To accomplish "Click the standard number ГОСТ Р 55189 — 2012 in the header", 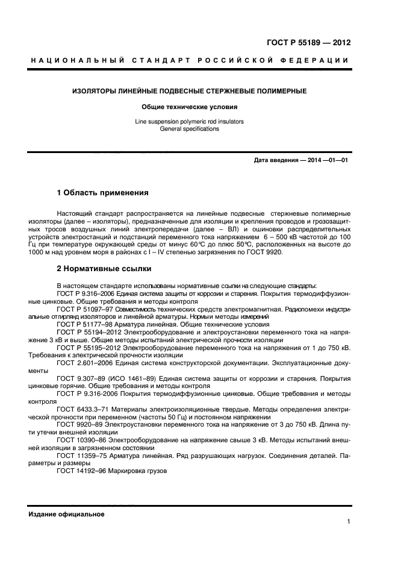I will (x=308, y=43).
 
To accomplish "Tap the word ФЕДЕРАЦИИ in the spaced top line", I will (x=320, y=60).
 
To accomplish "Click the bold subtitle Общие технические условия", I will (x=189, y=107).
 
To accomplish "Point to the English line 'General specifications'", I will (x=189, y=128).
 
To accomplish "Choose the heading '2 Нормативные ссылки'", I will (x=104, y=268).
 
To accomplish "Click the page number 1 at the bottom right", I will (x=349, y=522).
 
